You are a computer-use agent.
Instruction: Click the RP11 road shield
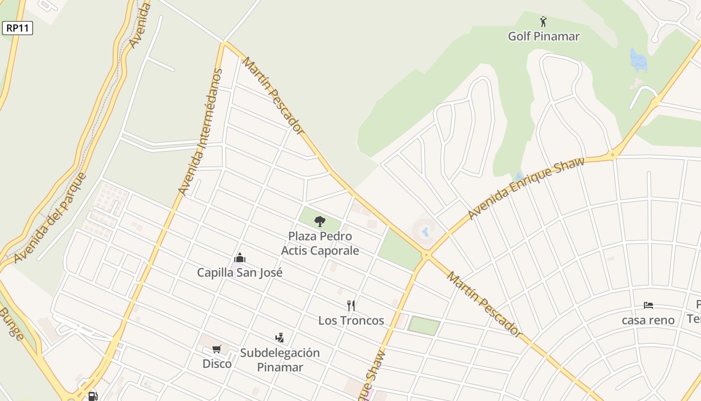click(x=18, y=28)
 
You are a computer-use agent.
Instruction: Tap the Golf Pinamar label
click(x=544, y=36)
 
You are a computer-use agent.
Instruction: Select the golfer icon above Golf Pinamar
click(x=543, y=22)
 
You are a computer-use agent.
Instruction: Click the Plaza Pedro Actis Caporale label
click(x=320, y=243)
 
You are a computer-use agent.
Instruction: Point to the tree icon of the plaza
click(x=319, y=221)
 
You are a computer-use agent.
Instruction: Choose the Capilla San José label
click(x=239, y=273)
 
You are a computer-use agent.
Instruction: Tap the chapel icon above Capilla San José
click(x=240, y=258)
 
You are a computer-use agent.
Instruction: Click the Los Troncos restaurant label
click(x=351, y=320)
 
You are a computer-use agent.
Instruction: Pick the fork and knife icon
click(x=351, y=305)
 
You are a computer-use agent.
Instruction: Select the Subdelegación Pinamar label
click(x=279, y=360)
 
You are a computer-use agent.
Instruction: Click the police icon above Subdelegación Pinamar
click(x=279, y=338)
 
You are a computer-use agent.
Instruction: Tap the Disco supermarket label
click(x=217, y=363)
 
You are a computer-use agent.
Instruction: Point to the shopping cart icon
click(x=217, y=349)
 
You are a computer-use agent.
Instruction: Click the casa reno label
click(x=648, y=320)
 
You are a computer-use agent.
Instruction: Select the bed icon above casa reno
click(x=648, y=305)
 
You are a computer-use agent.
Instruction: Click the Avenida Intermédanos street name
click(x=200, y=132)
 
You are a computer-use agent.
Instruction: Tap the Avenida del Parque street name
click(x=50, y=218)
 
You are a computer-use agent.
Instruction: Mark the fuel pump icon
click(x=93, y=396)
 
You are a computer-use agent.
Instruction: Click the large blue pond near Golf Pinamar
click(x=638, y=60)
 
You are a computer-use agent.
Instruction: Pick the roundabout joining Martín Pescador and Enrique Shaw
click(x=426, y=255)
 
